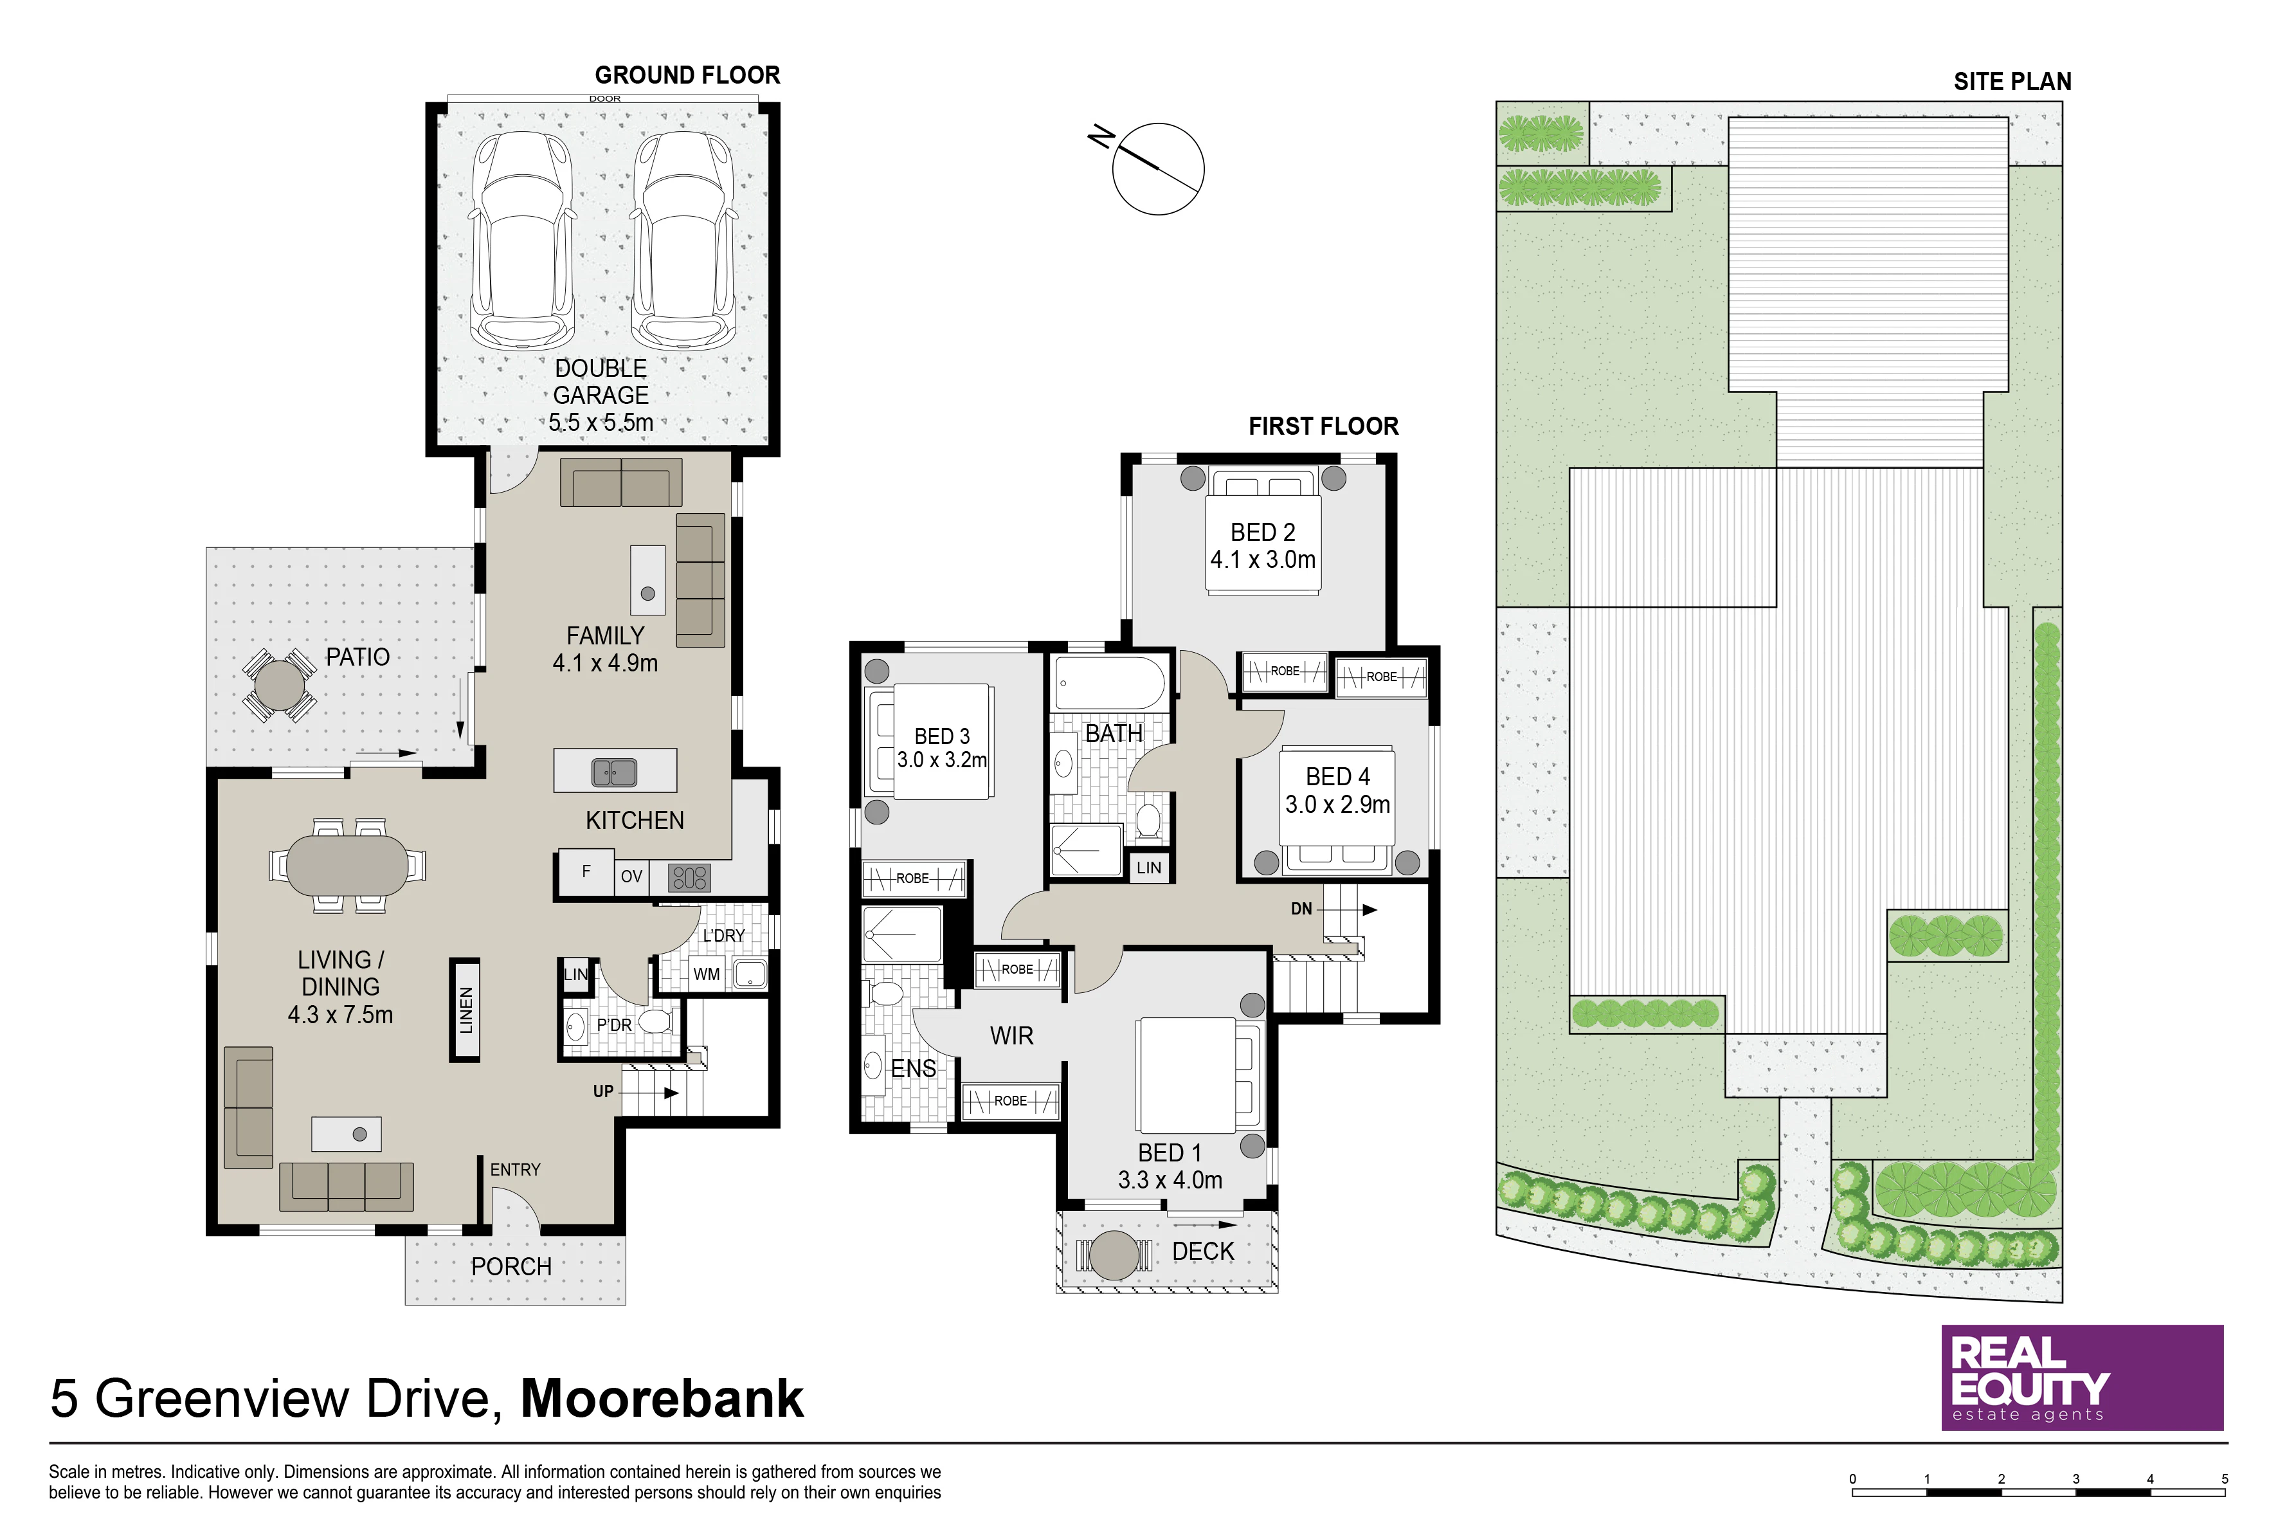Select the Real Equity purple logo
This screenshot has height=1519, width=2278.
[2083, 1378]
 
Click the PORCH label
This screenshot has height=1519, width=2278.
[511, 1266]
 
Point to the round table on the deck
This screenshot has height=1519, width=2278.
[1114, 1255]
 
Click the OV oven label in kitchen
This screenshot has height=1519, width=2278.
[631, 876]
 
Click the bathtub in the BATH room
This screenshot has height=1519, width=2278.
[1110, 684]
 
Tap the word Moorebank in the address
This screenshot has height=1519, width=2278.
[662, 1398]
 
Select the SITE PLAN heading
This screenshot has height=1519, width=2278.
[2012, 82]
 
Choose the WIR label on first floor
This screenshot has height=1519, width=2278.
[1011, 1035]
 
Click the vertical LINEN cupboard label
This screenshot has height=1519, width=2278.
[466, 1010]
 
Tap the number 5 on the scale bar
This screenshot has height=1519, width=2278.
[2224, 1479]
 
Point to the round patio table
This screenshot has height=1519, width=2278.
[279, 685]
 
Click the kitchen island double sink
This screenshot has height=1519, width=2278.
[614, 772]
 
